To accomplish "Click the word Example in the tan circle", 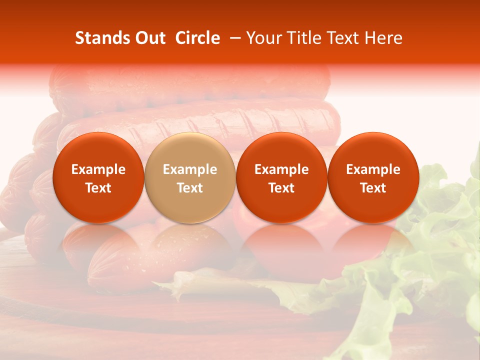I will (x=189, y=169).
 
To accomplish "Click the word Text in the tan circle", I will (x=189, y=188).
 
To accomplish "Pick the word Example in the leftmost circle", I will (x=98, y=169).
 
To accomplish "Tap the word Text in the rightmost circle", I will (x=373, y=188).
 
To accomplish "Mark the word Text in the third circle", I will (x=281, y=188).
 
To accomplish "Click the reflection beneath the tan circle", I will (x=189, y=245).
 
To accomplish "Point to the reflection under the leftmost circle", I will (x=98, y=245).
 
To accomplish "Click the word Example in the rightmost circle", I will (x=373, y=169).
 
